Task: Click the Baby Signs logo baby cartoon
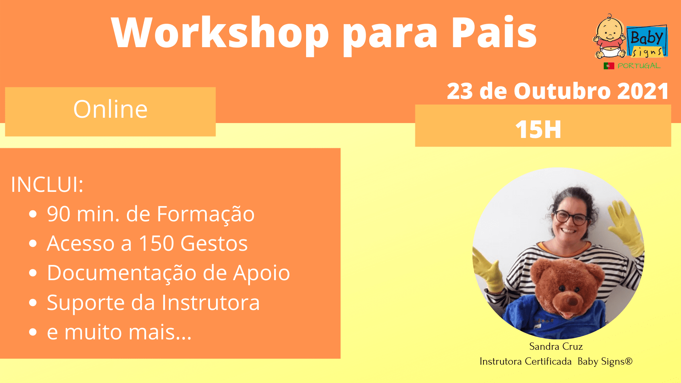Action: point(610,37)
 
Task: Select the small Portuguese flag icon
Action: point(609,66)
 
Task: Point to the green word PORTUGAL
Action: point(639,66)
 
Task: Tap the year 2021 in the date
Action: point(643,91)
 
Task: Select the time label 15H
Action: point(538,129)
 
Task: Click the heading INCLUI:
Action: point(47,184)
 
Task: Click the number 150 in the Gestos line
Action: point(156,243)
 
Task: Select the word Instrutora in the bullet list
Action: point(211,302)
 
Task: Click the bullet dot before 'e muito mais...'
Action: point(33,332)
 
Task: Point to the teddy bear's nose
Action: point(572,302)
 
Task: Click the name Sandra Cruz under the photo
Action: point(556,346)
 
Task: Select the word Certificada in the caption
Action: point(548,361)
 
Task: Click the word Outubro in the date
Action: point(562,91)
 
